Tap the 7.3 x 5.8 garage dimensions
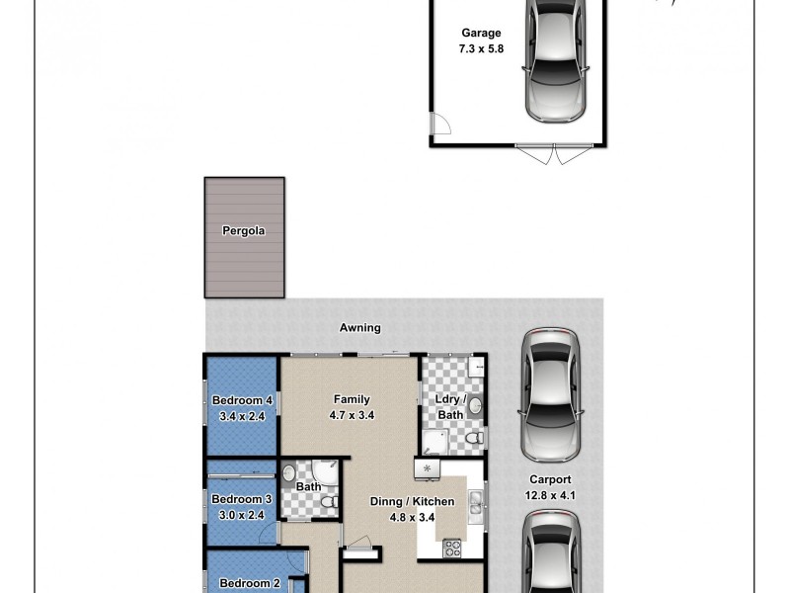click(482, 47)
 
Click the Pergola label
click(244, 231)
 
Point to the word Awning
click(360, 328)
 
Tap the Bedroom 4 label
click(242, 400)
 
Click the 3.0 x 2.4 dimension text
click(241, 514)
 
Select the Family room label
click(351, 400)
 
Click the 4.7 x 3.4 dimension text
click(351, 415)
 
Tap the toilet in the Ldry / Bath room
click(473, 436)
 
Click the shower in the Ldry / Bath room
click(435, 440)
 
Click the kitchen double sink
click(476, 503)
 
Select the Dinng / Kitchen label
click(412, 502)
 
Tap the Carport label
click(551, 480)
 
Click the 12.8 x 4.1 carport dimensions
click(551, 495)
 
